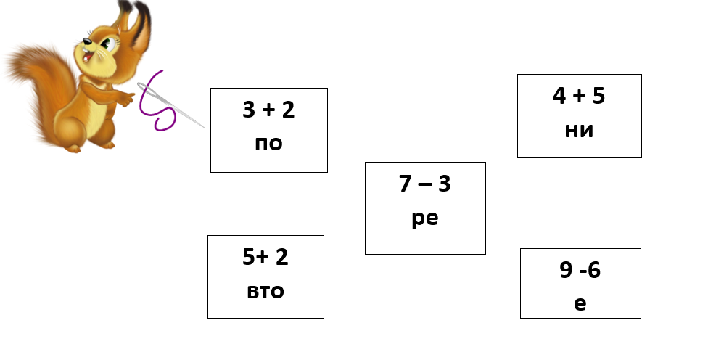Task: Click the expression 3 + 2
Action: coord(268,111)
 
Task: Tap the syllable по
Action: coord(268,143)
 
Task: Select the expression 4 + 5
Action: coord(579,97)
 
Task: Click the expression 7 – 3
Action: coord(425,184)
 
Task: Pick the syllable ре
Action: coord(425,218)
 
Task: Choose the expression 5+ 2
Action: coord(265,257)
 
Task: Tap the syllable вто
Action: coord(265,291)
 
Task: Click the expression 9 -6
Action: coord(580,271)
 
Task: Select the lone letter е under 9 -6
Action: coord(580,303)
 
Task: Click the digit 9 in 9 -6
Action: coord(566,271)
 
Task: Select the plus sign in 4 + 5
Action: coord(579,97)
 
